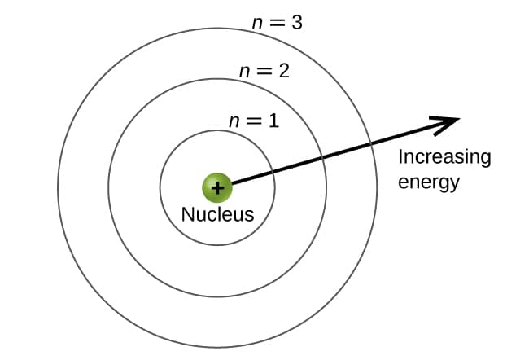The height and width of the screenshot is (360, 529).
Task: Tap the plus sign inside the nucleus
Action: tap(217, 188)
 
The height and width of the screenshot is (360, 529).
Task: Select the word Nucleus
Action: tap(217, 215)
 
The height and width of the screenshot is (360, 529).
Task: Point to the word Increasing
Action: tap(444, 157)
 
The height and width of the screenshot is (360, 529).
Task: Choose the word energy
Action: tap(429, 181)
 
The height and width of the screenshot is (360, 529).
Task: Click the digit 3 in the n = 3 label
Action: tap(297, 23)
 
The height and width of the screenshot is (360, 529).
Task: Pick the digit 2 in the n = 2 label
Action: tap(283, 71)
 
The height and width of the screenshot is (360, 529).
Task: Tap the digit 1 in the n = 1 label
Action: tap(273, 121)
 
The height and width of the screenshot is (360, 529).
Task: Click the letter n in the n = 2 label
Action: tap(243, 72)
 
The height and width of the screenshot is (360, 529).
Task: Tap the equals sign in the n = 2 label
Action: tap(263, 72)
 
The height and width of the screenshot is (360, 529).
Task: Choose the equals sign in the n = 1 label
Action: tap(254, 122)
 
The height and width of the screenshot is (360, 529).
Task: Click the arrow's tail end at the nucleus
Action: tap(232, 183)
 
